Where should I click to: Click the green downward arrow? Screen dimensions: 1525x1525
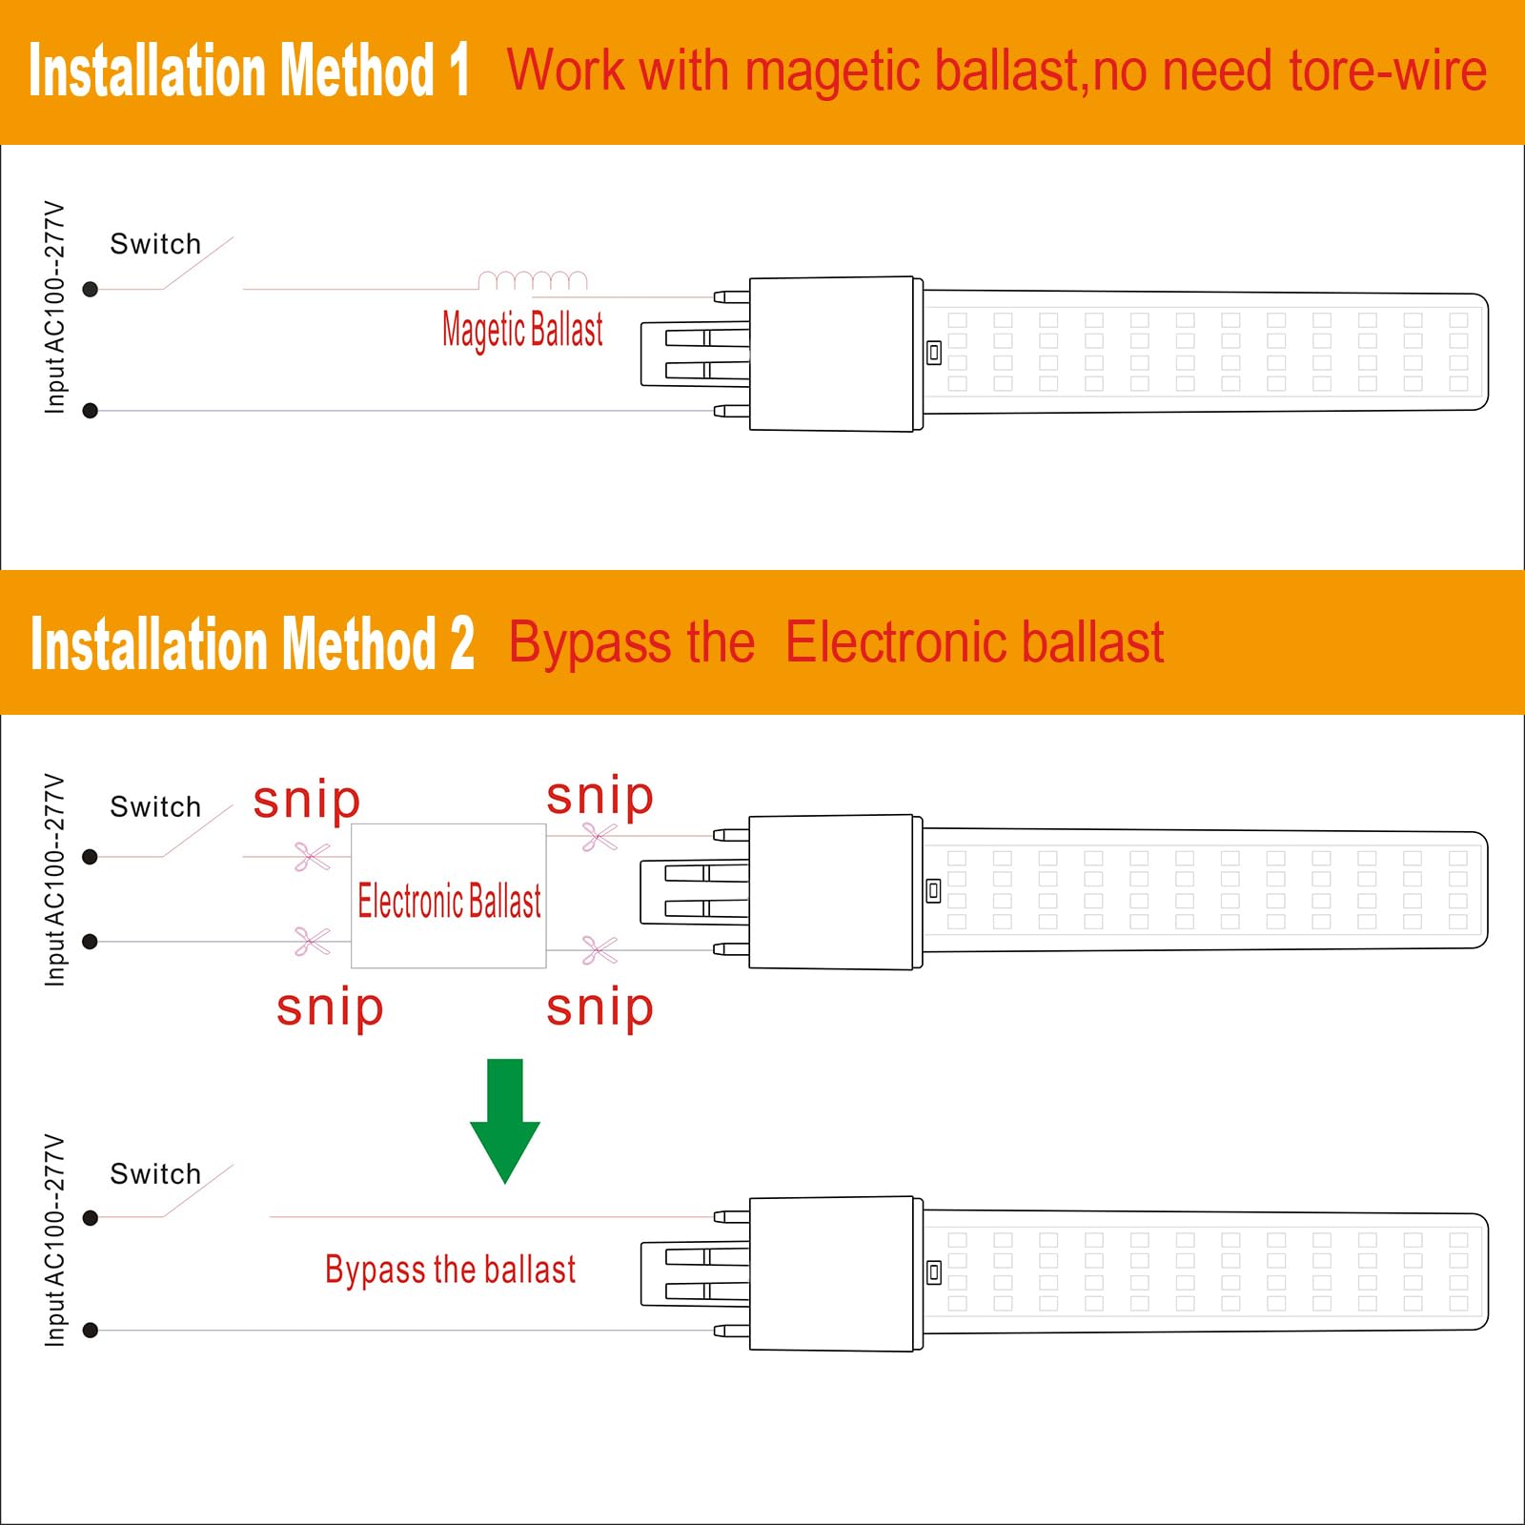point(505,1120)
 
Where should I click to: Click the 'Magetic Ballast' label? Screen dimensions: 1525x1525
point(522,330)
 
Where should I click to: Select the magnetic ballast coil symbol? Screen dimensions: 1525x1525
point(533,280)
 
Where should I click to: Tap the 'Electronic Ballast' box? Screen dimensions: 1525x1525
point(449,896)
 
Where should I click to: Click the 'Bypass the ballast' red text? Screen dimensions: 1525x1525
point(451,1271)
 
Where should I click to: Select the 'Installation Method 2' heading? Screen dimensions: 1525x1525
point(253,643)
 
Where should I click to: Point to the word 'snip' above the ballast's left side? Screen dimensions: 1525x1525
point(307,801)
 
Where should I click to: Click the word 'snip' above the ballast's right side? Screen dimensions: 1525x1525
point(600,797)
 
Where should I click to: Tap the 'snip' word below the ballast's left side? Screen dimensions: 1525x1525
point(330,1009)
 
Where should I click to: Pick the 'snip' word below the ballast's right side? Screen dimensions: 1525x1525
point(600,1009)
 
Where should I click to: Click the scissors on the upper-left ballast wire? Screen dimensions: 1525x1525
point(312,857)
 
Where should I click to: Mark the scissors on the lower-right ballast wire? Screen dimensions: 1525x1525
point(600,950)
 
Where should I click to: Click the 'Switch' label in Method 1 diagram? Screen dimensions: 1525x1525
point(155,244)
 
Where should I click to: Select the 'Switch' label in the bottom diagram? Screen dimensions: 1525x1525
point(155,1173)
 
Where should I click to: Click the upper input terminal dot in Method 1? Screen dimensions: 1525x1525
point(91,289)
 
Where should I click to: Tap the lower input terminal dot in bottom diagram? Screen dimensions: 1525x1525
point(91,1331)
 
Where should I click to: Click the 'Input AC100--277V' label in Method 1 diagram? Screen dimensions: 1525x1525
point(55,307)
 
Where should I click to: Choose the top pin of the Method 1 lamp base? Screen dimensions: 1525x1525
point(731,296)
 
